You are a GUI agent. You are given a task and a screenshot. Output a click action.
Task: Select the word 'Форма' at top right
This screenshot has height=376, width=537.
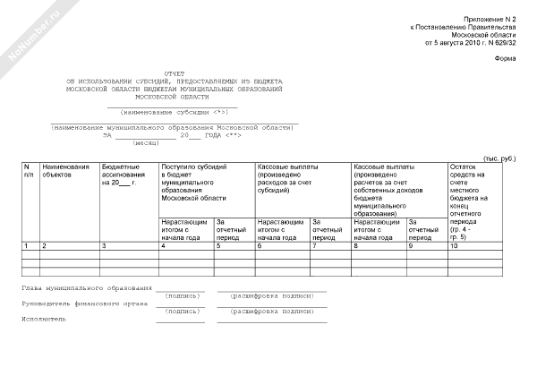(505, 59)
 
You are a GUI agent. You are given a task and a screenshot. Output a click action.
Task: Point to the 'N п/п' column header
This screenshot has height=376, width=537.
(28, 171)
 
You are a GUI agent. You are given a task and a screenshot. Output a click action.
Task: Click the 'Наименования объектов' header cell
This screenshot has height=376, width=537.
(65, 171)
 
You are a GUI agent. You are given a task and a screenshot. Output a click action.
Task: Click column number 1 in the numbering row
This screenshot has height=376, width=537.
(26, 245)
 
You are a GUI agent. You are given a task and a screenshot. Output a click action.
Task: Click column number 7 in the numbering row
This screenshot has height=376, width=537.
(314, 245)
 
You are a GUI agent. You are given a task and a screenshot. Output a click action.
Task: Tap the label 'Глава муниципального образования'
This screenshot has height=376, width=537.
(87, 288)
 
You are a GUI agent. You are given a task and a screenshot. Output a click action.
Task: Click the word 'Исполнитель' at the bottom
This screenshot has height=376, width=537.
(44, 317)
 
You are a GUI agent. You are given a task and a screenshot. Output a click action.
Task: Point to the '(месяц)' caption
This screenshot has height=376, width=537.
(146, 143)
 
